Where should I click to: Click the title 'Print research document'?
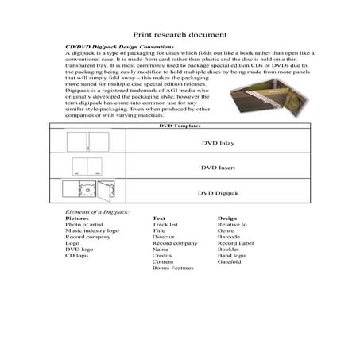(x=180, y=35)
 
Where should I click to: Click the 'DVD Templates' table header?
(x=180, y=126)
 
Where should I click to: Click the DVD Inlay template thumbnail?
(x=87, y=144)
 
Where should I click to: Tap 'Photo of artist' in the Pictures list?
(x=85, y=226)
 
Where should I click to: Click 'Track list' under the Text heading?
(x=165, y=226)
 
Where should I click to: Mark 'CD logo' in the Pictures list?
(x=78, y=256)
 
